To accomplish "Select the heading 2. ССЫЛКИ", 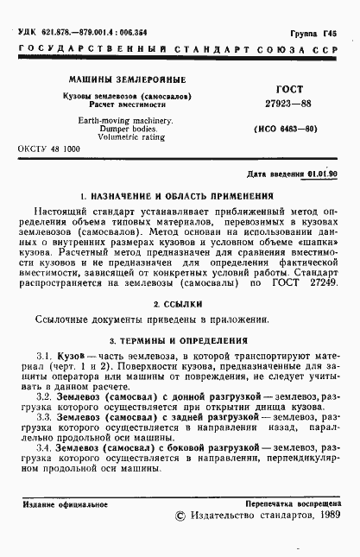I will click(180, 304).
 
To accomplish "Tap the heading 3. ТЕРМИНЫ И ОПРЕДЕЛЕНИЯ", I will click(180, 339).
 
